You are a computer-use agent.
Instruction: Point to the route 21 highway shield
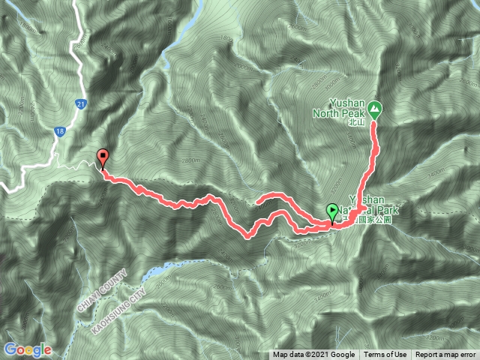click(x=79, y=103)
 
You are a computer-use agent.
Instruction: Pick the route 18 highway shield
click(x=58, y=132)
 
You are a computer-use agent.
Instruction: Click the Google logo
click(x=28, y=349)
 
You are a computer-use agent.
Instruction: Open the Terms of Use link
click(x=385, y=355)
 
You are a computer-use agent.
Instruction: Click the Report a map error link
click(x=446, y=355)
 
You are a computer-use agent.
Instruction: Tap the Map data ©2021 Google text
click(x=313, y=355)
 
